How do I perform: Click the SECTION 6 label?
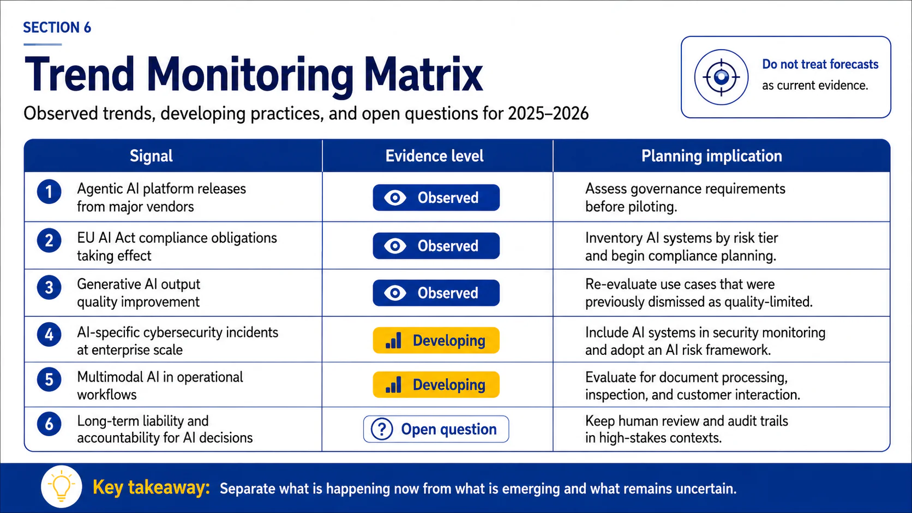[57, 28]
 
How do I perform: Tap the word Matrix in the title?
[423, 75]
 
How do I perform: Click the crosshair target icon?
[721, 77]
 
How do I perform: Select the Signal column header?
[151, 156]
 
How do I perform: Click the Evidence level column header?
[434, 156]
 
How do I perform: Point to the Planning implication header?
[712, 156]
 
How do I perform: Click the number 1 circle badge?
[49, 191]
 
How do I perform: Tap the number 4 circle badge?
[49, 334]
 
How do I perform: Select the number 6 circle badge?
[49, 424]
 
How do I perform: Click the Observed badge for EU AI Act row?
[436, 246]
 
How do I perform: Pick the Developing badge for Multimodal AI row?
[436, 384]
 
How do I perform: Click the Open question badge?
[436, 429]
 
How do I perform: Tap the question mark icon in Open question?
[382, 429]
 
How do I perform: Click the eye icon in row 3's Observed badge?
[395, 293]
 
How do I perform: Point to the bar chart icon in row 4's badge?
[393, 341]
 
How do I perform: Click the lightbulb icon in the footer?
[62, 486]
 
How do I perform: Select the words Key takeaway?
[151, 487]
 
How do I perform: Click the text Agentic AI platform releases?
[161, 189]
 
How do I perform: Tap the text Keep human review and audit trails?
[687, 421]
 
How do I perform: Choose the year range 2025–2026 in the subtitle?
[548, 113]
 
